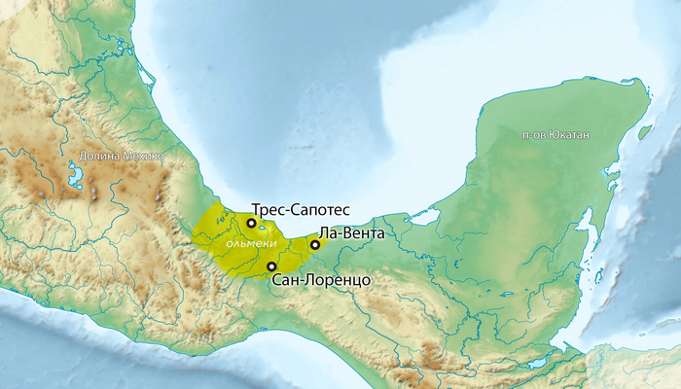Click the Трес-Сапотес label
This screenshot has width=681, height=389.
(301, 209)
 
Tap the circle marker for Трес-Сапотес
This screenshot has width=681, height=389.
(251, 223)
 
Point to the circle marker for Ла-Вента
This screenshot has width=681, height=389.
(314, 245)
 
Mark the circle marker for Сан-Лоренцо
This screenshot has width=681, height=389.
(270, 265)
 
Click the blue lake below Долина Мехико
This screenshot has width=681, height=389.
(75, 176)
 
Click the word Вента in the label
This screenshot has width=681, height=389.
(370, 234)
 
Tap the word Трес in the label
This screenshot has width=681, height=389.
(267, 209)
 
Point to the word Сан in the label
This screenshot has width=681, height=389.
(286, 280)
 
